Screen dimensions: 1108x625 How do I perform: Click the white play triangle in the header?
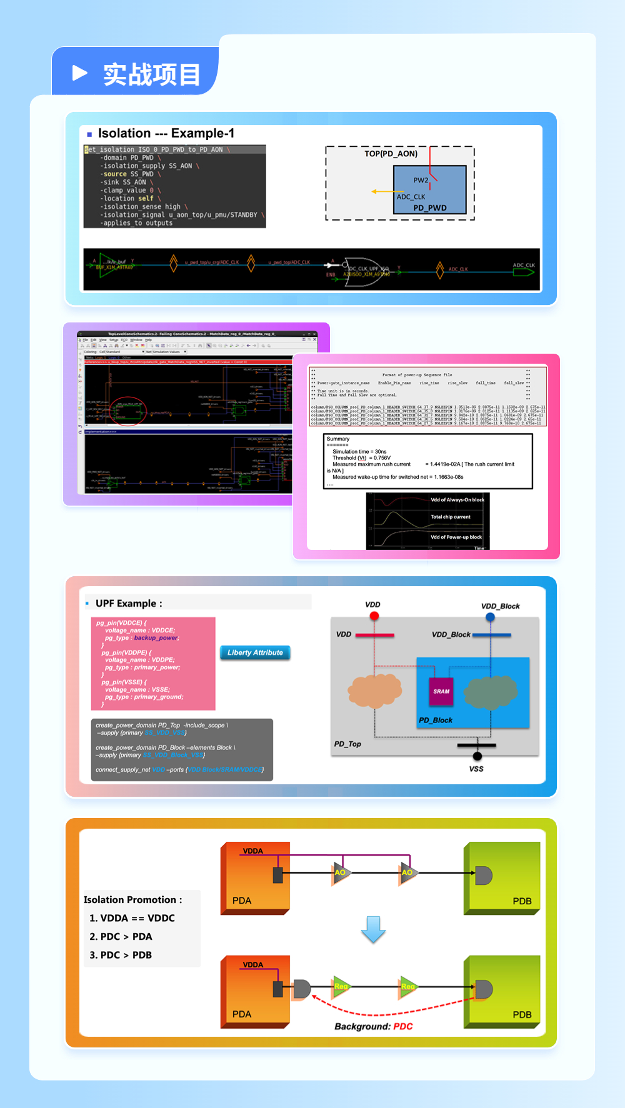point(79,73)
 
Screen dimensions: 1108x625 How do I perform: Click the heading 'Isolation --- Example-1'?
point(166,133)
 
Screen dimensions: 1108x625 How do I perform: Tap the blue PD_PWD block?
point(430,189)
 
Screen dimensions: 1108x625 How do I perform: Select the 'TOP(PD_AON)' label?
point(391,154)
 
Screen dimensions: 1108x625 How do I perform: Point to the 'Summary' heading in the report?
point(338,439)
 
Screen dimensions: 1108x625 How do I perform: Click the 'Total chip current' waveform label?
point(450,517)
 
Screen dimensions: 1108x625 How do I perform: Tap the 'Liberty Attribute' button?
point(255,652)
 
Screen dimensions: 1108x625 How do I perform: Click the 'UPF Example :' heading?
point(129,603)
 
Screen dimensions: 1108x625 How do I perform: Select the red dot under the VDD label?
point(374,616)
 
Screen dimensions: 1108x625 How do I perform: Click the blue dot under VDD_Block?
point(491,617)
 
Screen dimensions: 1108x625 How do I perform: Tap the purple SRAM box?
point(441,691)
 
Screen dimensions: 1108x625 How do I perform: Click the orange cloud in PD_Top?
point(374,690)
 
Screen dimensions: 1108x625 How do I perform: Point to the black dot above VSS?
point(477,756)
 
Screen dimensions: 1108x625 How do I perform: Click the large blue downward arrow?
point(373,929)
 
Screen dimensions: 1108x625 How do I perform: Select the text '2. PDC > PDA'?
point(121,936)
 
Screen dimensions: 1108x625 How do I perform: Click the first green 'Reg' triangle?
point(341,986)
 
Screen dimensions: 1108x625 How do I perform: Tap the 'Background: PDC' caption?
point(373,1026)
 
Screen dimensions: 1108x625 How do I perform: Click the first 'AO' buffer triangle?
point(341,873)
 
